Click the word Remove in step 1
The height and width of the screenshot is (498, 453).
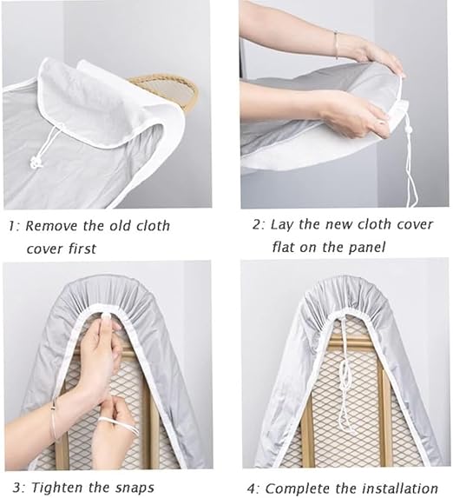[x=51, y=226]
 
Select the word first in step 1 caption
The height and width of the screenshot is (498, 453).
[x=82, y=249]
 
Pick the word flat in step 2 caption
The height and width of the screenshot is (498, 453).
[x=283, y=247]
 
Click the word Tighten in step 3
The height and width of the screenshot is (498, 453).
[x=59, y=488]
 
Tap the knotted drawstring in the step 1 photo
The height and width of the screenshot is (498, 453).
[x=36, y=162]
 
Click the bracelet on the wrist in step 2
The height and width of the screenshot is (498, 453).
[x=336, y=44]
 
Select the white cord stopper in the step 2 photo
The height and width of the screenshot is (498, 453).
[x=408, y=129]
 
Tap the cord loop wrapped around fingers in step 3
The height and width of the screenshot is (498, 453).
[x=121, y=424]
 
